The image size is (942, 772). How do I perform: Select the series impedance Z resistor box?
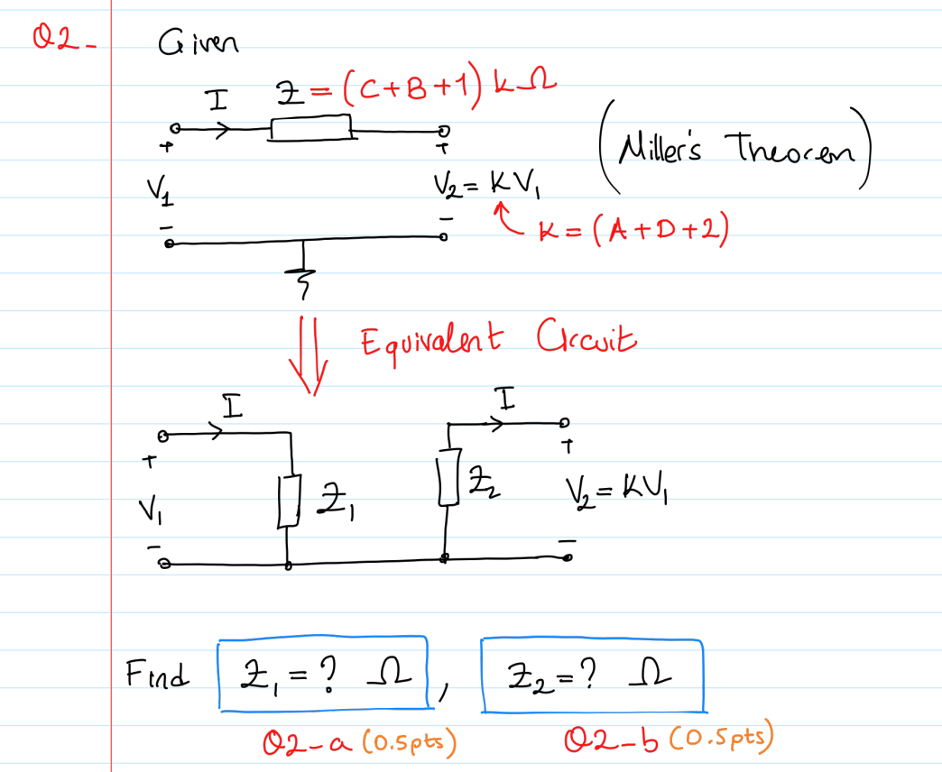click(x=310, y=128)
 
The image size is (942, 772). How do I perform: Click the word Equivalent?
click(x=426, y=343)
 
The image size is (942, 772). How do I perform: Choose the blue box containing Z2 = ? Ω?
click(x=592, y=674)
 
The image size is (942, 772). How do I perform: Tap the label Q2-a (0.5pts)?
click(x=361, y=742)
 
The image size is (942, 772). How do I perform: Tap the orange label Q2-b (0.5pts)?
click(x=668, y=741)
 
